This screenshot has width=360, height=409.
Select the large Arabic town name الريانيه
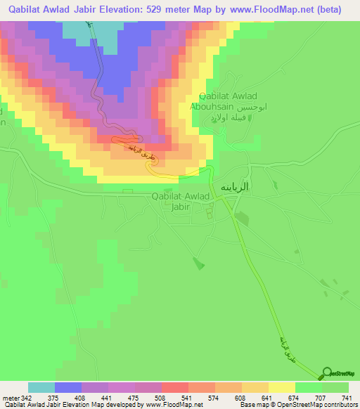pos(237,187)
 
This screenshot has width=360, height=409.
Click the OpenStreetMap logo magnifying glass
pos(328,372)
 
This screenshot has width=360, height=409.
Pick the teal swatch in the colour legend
pos(41,387)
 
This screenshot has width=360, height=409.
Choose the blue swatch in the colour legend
pos(68,387)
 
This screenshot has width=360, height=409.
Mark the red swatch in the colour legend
pos(174,387)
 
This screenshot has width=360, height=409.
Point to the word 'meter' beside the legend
pos(9,398)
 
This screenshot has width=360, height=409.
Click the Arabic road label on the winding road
pos(139,149)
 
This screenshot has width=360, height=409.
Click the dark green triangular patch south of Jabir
pos(199,264)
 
